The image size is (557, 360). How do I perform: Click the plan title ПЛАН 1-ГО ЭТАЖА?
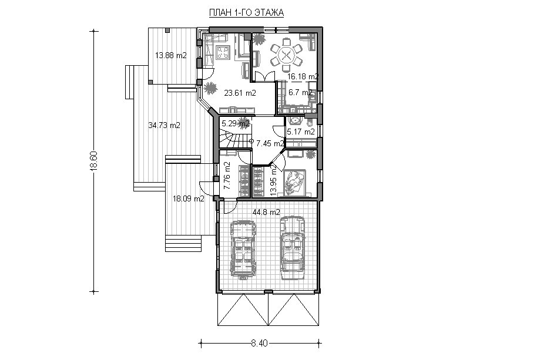(246, 13)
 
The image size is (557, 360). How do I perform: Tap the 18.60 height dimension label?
(93, 161)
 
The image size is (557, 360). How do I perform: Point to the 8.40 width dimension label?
(259, 344)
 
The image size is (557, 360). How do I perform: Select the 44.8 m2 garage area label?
(266, 213)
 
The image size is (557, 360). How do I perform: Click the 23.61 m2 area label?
(240, 93)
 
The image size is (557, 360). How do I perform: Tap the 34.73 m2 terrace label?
(164, 125)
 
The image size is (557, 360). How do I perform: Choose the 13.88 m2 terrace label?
(171, 55)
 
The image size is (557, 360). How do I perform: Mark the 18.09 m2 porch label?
(188, 199)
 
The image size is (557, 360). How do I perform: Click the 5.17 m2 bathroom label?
(300, 132)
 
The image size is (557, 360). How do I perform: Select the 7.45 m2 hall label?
(270, 144)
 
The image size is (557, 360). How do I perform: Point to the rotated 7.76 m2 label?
(227, 176)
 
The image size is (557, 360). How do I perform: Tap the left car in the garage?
(243, 248)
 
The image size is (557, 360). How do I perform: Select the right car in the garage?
(293, 248)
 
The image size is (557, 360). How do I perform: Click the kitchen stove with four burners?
(223, 52)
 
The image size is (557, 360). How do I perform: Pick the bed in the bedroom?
(295, 183)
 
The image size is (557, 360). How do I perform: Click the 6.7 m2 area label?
(300, 93)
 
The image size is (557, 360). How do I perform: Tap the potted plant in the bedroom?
(310, 155)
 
